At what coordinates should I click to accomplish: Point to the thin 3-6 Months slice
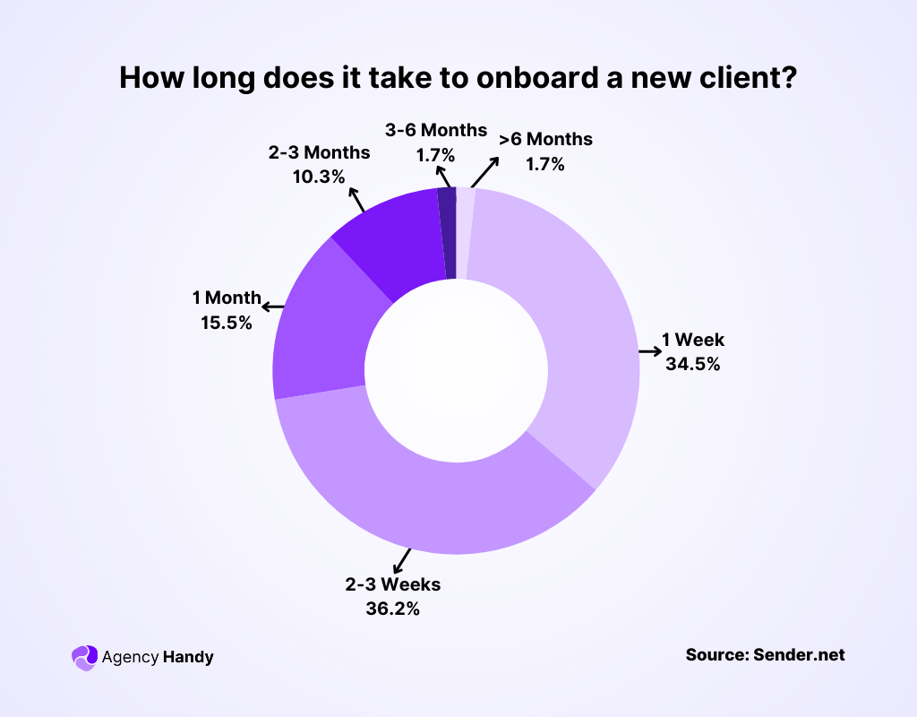447,233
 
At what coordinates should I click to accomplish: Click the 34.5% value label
692,364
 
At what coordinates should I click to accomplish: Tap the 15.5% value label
227,321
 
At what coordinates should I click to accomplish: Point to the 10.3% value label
318,177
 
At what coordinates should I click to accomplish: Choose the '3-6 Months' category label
436,131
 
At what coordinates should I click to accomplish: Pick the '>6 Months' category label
545,139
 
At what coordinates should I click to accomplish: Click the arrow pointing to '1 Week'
647,351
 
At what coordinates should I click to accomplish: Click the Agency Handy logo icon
83,657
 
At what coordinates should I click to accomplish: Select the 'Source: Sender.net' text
765,654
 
